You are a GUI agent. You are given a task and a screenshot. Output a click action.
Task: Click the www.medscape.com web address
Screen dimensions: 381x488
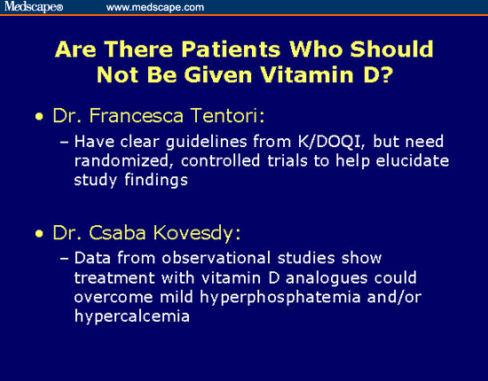(155, 7)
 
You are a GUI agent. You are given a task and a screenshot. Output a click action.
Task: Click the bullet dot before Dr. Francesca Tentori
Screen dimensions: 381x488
(39, 116)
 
